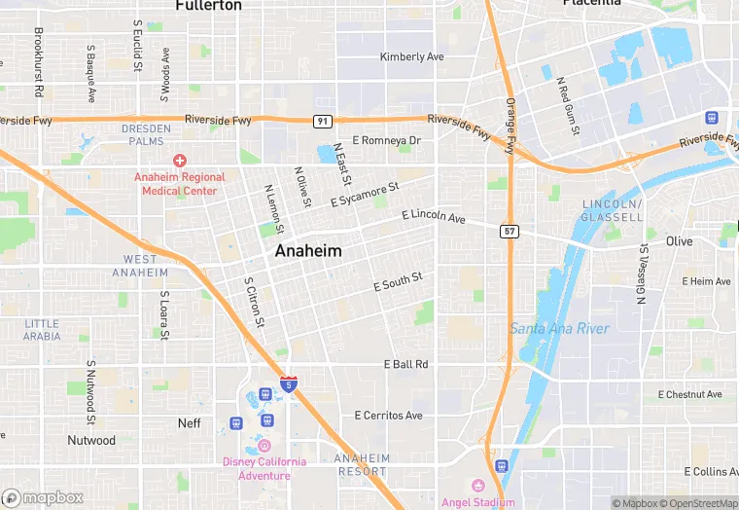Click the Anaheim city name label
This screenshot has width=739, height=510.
coord(308,251)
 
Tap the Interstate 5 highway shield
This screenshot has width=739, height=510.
coord(289,383)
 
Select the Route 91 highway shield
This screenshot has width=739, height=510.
coord(322,121)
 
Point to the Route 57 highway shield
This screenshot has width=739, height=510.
coord(510,232)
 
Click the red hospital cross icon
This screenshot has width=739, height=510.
coord(180,160)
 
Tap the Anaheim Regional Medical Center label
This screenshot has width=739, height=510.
coord(183,183)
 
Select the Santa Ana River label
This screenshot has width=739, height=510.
coord(559,329)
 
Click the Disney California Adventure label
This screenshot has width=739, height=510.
coord(264,468)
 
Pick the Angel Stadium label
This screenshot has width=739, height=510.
coord(477,502)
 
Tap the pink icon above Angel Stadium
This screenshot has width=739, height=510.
coord(477,486)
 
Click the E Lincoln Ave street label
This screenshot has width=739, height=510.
coord(434,215)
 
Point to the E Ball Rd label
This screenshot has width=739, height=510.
coord(406,364)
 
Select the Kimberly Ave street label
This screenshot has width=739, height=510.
coord(411,57)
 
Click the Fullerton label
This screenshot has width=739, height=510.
coord(208,6)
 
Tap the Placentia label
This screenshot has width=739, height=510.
coord(591,4)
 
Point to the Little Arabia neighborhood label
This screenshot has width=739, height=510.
coord(42,330)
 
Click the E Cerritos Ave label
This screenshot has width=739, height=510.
coord(388,416)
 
